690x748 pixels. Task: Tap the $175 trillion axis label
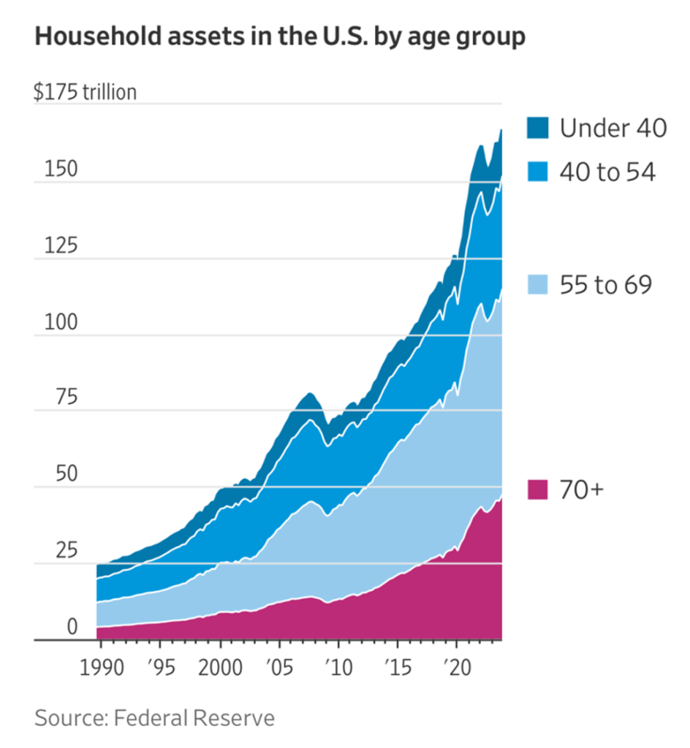(85, 93)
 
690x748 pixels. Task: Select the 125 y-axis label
(60, 246)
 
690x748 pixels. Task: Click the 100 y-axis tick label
(60, 323)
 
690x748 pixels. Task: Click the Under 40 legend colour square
(537, 129)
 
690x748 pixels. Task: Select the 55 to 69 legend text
(605, 285)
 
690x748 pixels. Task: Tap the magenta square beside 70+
(537, 489)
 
